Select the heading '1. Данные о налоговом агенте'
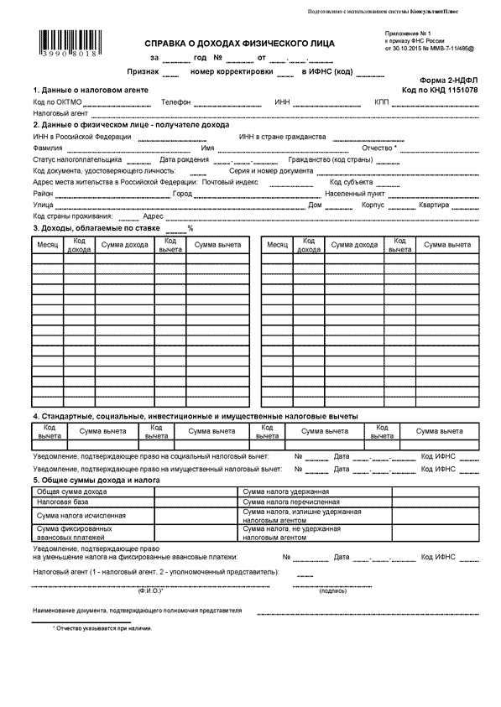click(x=91, y=90)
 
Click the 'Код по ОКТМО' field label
click(x=57, y=102)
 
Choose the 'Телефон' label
click(x=175, y=102)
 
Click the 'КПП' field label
click(x=383, y=102)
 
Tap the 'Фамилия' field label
click(x=48, y=148)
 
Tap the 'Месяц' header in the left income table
click(x=47, y=245)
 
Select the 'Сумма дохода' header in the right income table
click(x=354, y=245)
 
